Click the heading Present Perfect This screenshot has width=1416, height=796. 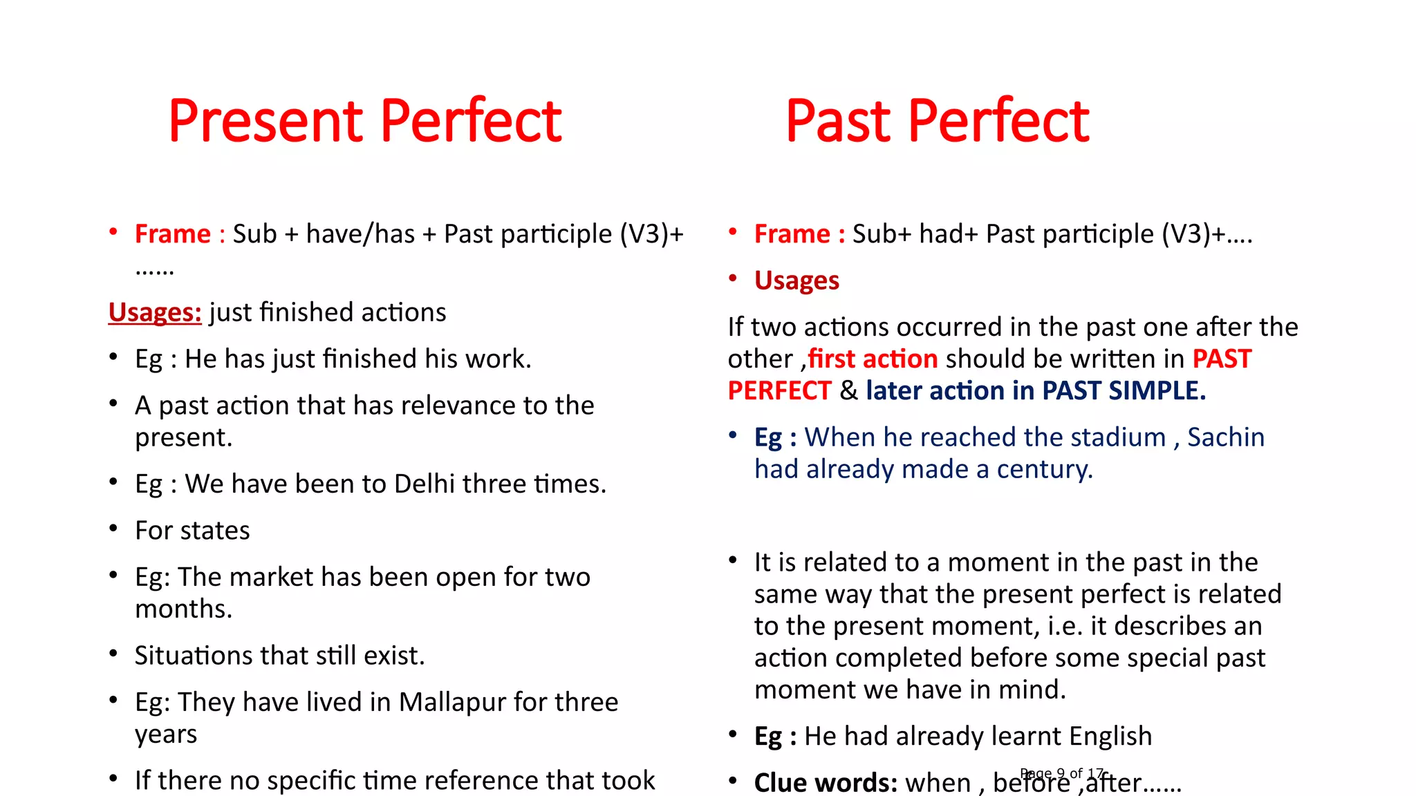point(365,121)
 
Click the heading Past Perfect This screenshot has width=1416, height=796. point(937,121)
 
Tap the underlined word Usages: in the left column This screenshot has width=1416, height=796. point(155,312)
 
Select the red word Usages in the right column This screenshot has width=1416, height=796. point(796,281)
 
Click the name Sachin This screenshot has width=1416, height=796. point(1225,437)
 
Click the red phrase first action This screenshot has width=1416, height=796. point(873,359)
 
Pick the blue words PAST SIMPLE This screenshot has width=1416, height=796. point(1124,391)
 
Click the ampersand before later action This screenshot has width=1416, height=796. point(848,391)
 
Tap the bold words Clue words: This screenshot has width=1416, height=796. point(826,783)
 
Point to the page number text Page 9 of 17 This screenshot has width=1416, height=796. point(1062,773)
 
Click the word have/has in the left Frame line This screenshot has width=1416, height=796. point(360,234)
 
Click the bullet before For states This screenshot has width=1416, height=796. point(113,529)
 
